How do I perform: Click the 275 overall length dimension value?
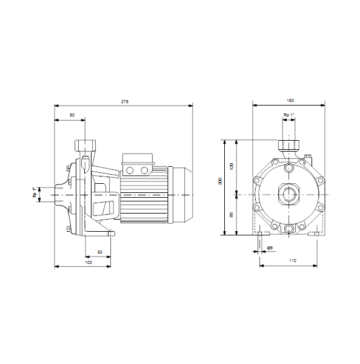point(125,101)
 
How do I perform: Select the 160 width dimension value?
point(290,100)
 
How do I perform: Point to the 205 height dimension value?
point(220,181)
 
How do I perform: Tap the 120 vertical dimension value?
point(232,166)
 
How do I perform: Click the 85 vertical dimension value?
point(232,215)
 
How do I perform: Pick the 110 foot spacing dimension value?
point(293,260)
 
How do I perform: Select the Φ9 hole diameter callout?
point(270,248)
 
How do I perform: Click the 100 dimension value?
point(88,262)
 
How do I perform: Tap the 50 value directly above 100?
point(100,252)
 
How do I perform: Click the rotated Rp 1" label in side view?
point(35,192)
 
